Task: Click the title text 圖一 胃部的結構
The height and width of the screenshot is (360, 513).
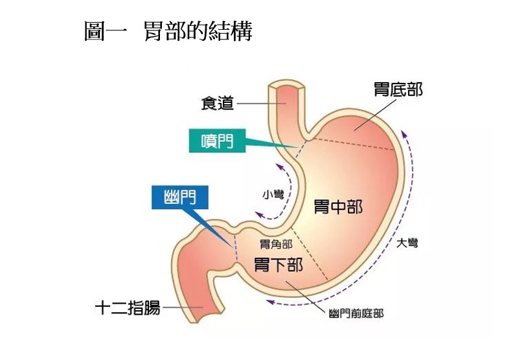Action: (168, 31)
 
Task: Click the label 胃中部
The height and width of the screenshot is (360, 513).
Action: (337, 208)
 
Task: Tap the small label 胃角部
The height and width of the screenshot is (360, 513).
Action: (275, 245)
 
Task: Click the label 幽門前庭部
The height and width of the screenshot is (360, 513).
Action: (356, 314)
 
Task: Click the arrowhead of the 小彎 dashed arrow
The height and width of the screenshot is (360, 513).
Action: (258, 214)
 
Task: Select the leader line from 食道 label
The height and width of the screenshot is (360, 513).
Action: (256, 104)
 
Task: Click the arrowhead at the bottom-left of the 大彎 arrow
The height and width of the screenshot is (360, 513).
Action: (268, 301)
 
